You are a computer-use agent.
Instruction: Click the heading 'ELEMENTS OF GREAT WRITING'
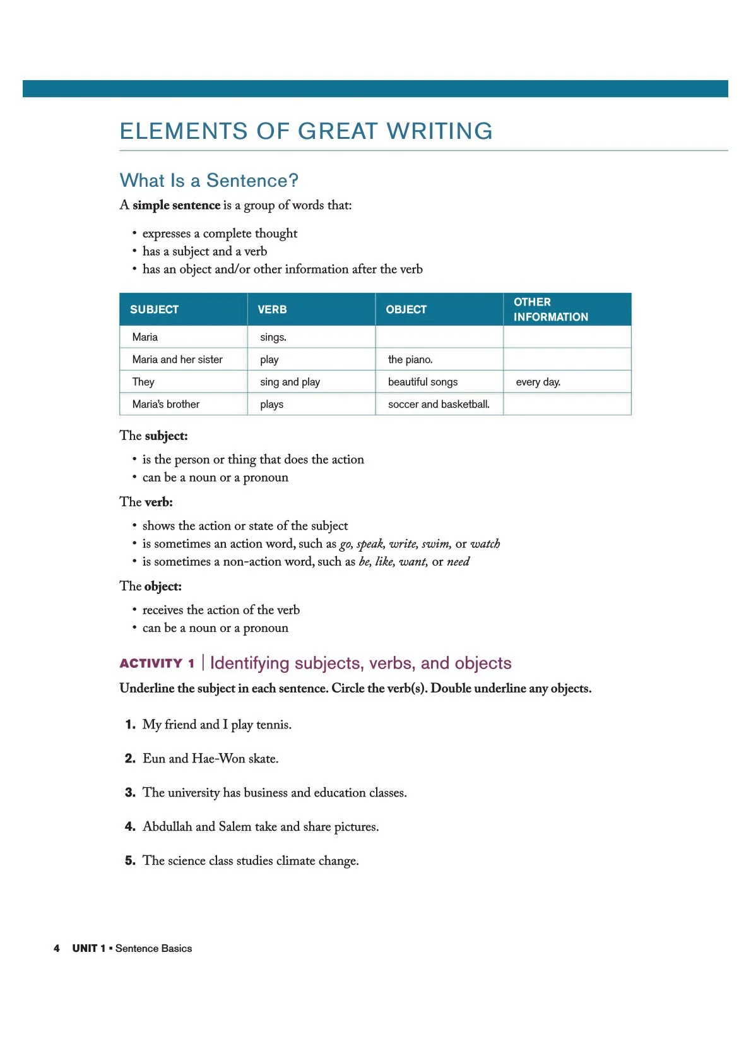pyautogui.click(x=306, y=131)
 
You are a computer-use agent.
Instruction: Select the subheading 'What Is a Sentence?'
pyautogui.click(x=209, y=181)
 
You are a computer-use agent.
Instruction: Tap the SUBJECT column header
pyautogui.click(x=154, y=309)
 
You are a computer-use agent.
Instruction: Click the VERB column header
pyautogui.click(x=272, y=309)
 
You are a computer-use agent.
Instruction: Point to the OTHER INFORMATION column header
pyautogui.click(x=550, y=309)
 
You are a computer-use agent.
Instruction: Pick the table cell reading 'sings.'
pyautogui.click(x=273, y=337)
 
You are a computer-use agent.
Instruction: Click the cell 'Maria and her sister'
pyautogui.click(x=177, y=359)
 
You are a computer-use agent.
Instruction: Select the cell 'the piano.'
pyautogui.click(x=410, y=359)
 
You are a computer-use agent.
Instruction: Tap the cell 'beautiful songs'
pyautogui.click(x=423, y=382)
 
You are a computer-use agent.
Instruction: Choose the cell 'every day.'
pyautogui.click(x=538, y=382)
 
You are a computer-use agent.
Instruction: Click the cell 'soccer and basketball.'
pyautogui.click(x=439, y=404)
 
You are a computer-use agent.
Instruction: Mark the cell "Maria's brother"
pyautogui.click(x=166, y=404)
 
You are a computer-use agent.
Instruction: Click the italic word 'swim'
pyautogui.click(x=435, y=543)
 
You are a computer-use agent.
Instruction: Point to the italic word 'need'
pyautogui.click(x=458, y=562)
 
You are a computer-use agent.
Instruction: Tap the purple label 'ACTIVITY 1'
pyautogui.click(x=157, y=663)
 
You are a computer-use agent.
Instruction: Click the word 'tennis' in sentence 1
pyautogui.click(x=273, y=725)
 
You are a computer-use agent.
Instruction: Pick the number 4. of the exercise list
pyautogui.click(x=130, y=827)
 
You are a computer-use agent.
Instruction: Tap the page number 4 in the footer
pyautogui.click(x=57, y=948)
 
